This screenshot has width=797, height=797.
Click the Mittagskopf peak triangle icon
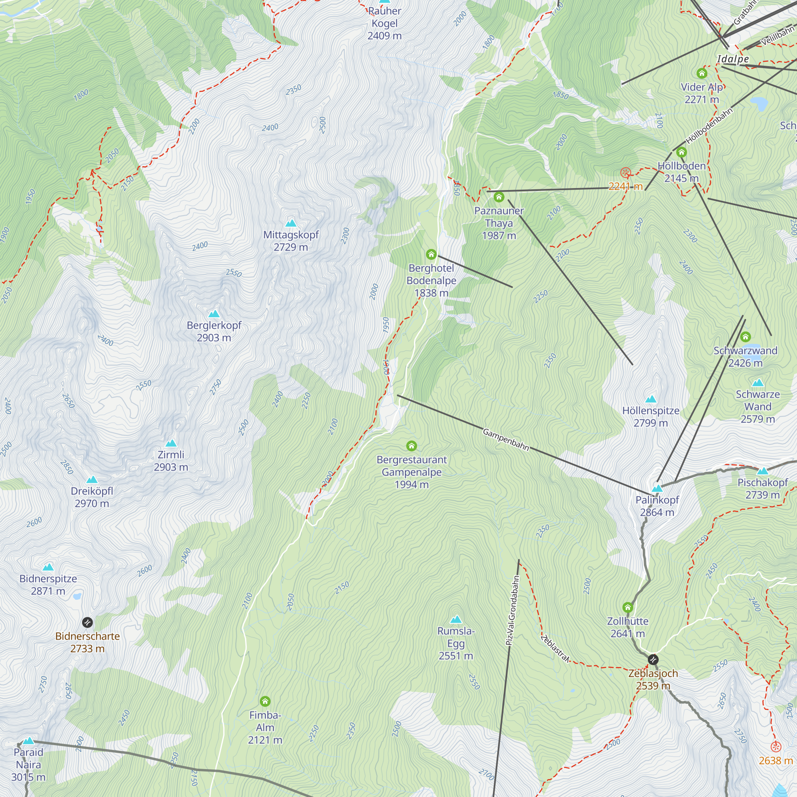click(291, 223)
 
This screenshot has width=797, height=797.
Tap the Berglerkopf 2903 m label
click(214, 331)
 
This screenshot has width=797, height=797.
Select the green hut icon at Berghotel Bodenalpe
click(431, 254)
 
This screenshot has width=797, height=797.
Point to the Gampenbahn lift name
click(506, 439)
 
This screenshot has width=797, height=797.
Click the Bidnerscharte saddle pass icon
click(87, 622)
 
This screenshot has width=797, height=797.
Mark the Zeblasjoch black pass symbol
click(653, 659)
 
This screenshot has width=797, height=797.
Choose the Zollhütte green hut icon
click(628, 607)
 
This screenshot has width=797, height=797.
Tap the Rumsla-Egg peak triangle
click(456, 620)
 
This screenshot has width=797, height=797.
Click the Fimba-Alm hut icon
click(265, 701)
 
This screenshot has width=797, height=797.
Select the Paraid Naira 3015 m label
click(28, 764)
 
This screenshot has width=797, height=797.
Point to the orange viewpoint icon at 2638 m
click(776, 747)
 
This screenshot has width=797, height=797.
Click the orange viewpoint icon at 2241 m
click(625, 173)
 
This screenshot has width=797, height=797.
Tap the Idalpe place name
click(733, 59)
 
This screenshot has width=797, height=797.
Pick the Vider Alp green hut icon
click(702, 73)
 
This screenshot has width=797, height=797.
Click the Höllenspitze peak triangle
click(651, 399)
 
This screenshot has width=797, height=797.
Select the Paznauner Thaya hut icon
click(499, 197)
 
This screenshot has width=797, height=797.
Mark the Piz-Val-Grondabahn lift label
click(512, 611)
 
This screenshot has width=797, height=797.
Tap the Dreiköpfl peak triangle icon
click(92, 480)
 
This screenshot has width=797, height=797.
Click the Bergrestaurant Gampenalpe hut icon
click(411, 446)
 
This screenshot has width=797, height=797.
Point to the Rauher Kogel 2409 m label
click(385, 23)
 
